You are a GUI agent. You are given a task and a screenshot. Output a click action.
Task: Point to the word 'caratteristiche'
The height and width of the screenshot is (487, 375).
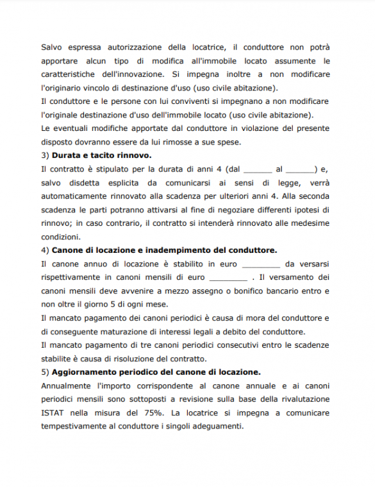pyautogui.click(x=70, y=74)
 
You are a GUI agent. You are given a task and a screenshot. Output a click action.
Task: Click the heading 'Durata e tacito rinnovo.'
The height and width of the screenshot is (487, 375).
pyautogui.click(x=101, y=156)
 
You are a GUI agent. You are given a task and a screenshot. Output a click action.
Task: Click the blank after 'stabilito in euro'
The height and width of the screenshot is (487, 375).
pyautogui.click(x=261, y=264)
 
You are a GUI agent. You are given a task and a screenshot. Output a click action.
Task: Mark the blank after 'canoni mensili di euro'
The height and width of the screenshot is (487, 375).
pyautogui.click(x=228, y=277)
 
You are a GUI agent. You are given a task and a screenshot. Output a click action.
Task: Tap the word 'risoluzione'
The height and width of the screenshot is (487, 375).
pyautogui.click(x=138, y=358)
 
